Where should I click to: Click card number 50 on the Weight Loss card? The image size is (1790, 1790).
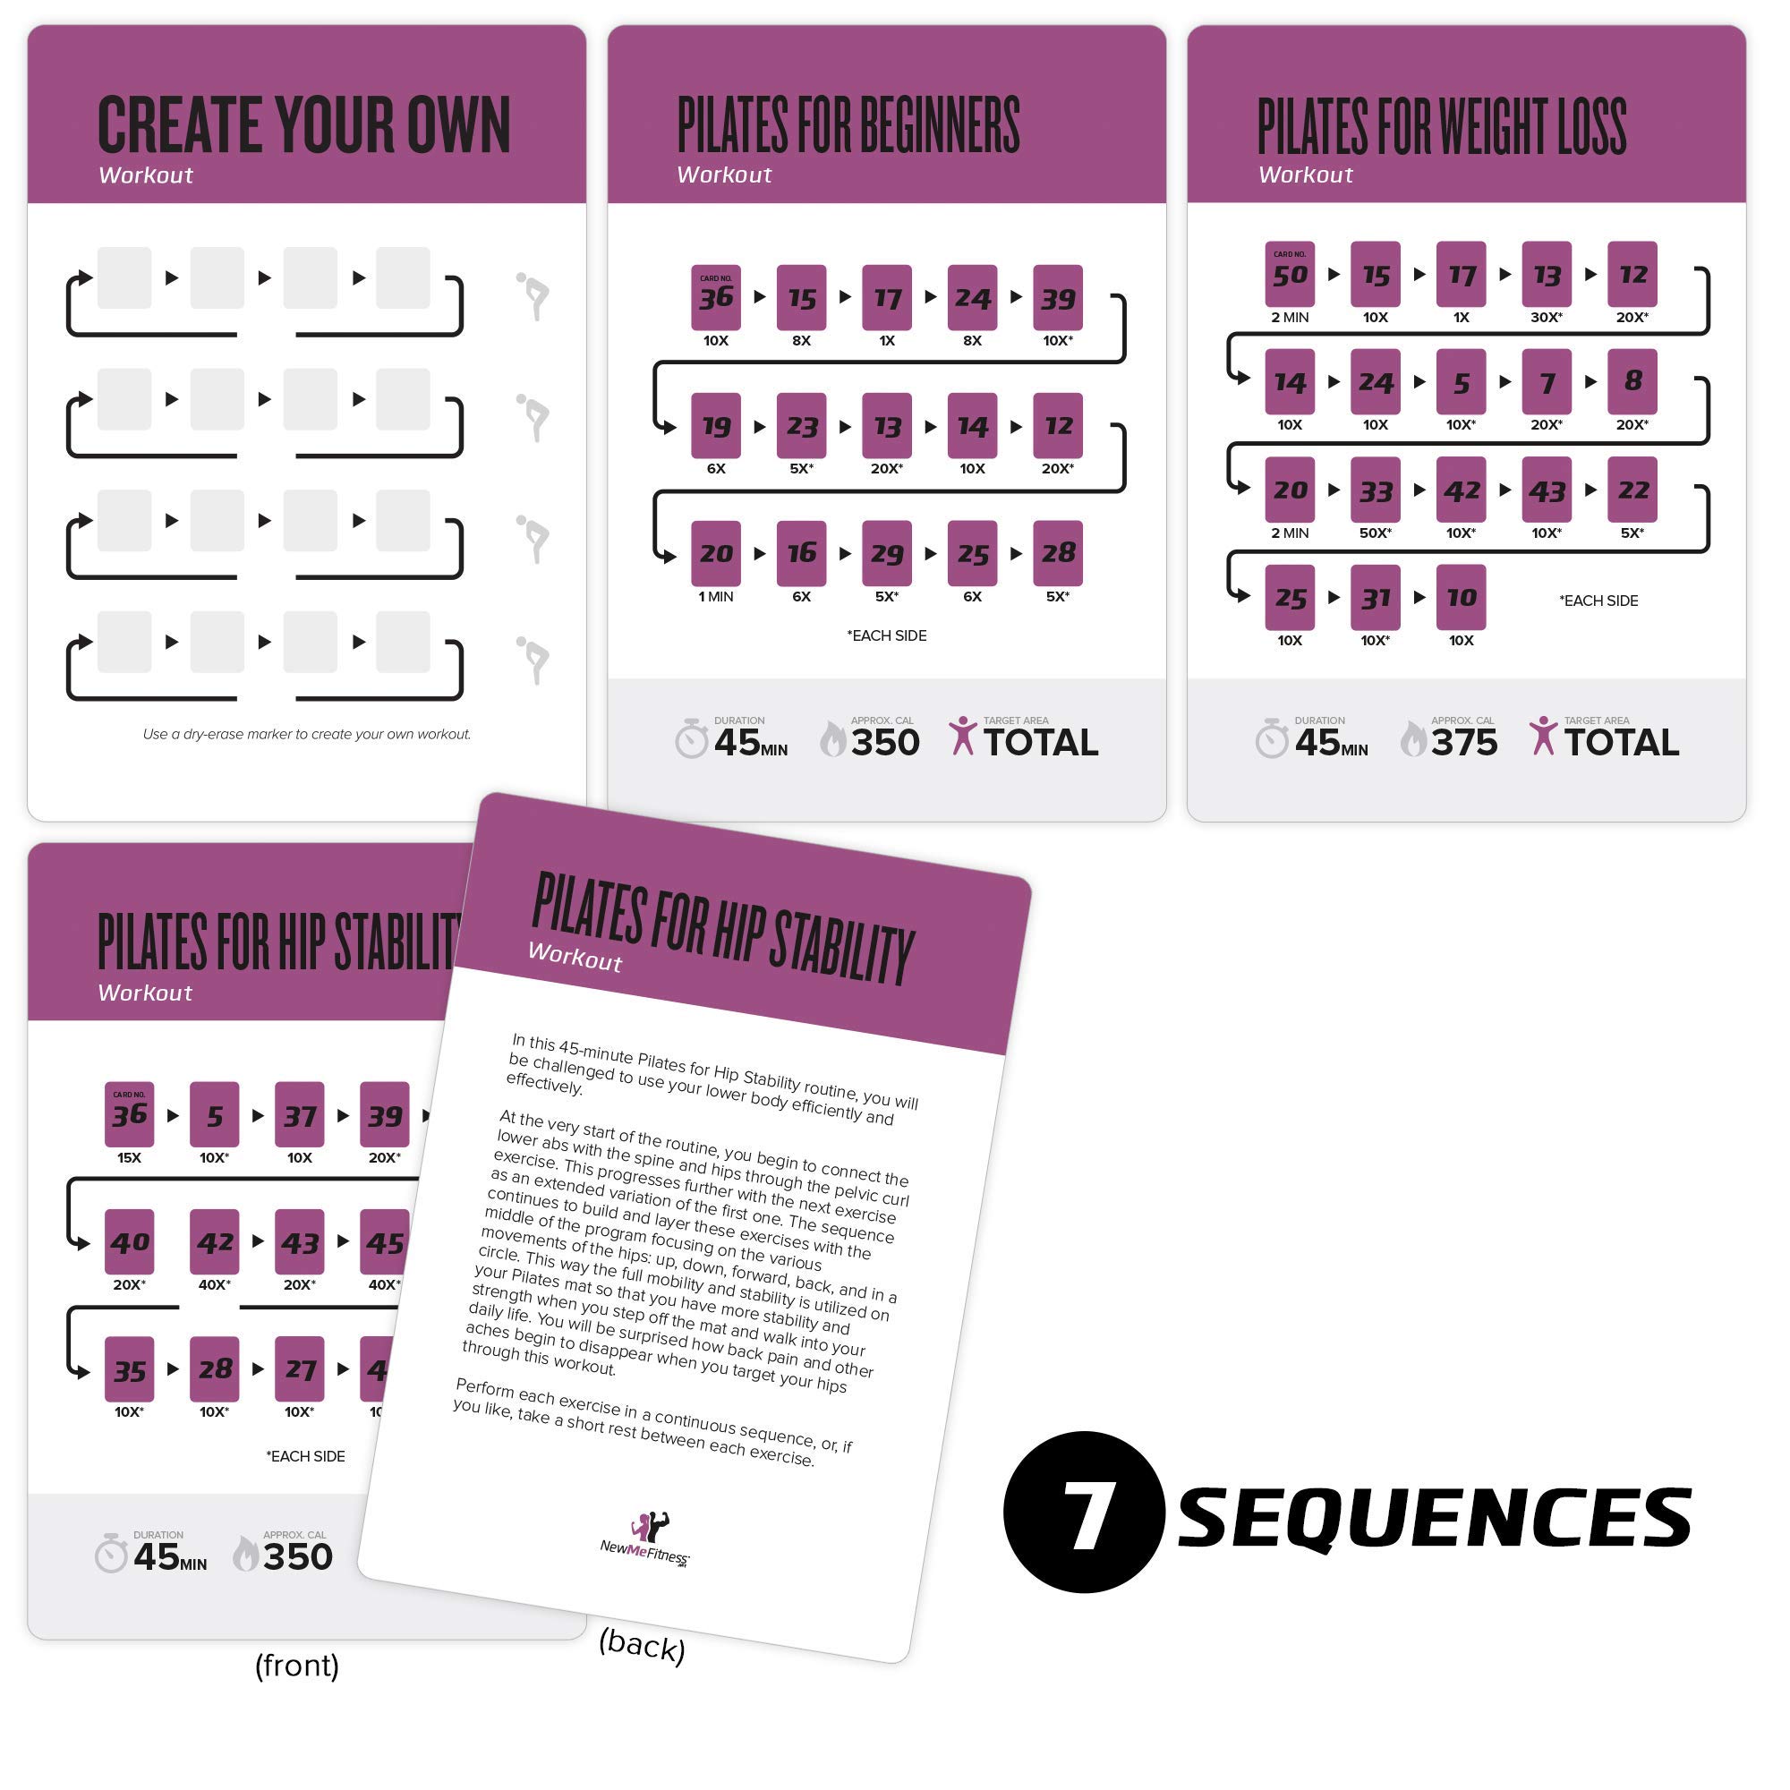(x=1290, y=273)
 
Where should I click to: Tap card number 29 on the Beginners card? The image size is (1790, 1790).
(x=887, y=553)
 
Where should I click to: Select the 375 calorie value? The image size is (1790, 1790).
(x=1464, y=742)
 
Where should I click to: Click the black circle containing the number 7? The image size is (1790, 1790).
(x=1083, y=1511)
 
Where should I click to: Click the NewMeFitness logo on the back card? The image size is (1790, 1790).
(x=646, y=1539)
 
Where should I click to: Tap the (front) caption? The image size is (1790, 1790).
(x=296, y=1665)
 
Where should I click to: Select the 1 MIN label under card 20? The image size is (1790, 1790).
(x=715, y=597)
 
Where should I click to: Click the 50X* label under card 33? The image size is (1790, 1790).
(x=1375, y=533)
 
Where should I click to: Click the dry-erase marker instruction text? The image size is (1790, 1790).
(x=307, y=734)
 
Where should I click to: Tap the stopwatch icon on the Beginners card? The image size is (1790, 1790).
(x=691, y=739)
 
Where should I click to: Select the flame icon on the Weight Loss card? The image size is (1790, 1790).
(x=1413, y=739)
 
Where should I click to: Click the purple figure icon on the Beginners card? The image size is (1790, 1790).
(x=963, y=736)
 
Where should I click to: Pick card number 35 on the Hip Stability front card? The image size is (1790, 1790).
(x=130, y=1369)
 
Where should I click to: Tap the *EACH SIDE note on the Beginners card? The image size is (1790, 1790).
(x=887, y=635)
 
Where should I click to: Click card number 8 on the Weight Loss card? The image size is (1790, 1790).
(x=1632, y=380)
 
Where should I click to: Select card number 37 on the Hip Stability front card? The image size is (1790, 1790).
(x=299, y=1114)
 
